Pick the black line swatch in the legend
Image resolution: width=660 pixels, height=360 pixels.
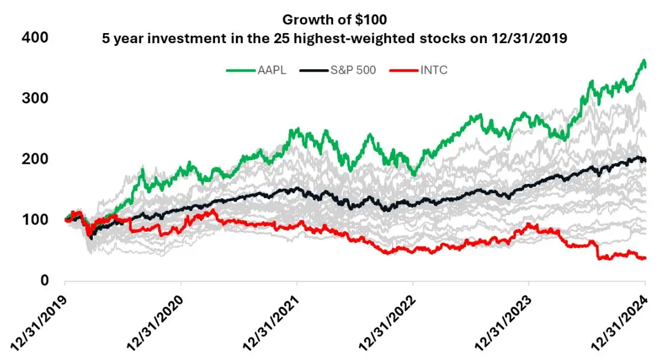click(x=314, y=70)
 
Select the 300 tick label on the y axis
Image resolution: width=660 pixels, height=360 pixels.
click(x=36, y=98)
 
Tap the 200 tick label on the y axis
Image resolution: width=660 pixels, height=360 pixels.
click(x=36, y=159)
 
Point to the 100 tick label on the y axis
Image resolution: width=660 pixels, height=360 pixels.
click(x=36, y=220)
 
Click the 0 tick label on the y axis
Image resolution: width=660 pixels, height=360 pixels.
click(x=43, y=281)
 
